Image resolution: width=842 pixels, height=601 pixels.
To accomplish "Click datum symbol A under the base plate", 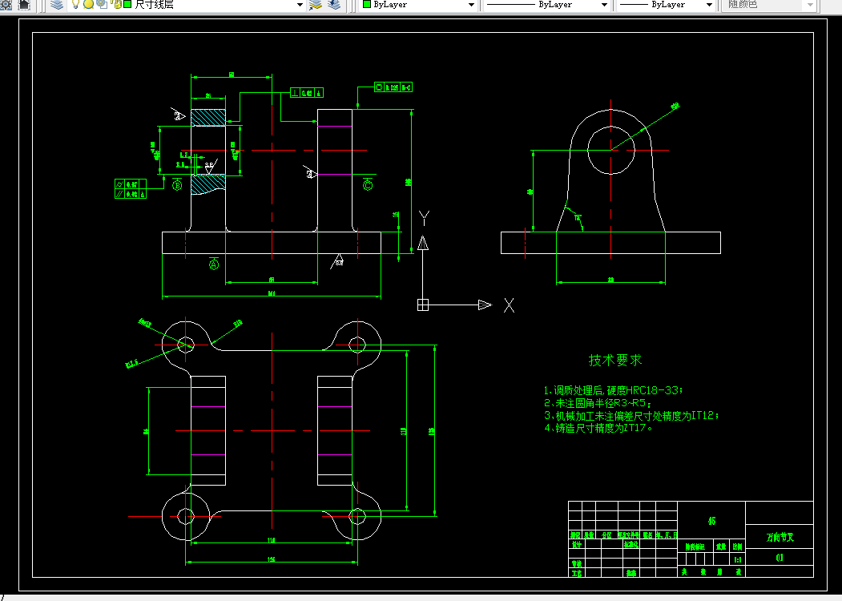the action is click(214, 265).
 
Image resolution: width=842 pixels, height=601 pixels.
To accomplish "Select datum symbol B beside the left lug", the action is click(177, 185).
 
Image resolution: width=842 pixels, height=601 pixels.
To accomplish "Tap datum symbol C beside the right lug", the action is click(368, 185).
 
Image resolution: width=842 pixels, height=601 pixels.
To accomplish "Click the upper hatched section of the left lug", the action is click(208, 117).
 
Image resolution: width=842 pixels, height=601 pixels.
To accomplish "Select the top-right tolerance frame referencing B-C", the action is click(393, 87).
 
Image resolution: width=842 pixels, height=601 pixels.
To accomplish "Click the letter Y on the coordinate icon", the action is click(425, 217).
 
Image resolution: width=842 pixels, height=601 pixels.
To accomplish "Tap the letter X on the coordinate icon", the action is click(509, 305).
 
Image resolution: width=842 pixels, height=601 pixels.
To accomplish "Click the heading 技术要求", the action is click(615, 361).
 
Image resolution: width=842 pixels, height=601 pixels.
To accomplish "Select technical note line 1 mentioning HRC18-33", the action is click(614, 390).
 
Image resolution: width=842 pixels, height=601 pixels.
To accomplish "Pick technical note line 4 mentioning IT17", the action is click(599, 428).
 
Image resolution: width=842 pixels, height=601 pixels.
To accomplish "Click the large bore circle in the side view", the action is click(610, 149).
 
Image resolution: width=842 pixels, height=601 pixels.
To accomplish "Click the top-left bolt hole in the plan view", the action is click(186, 345).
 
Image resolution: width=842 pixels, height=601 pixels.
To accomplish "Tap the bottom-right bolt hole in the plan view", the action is click(357, 516).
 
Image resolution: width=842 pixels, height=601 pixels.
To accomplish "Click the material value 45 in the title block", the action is click(711, 521).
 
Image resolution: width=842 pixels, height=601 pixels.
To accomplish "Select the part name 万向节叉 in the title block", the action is click(779, 536).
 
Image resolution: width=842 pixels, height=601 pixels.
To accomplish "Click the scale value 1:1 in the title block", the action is click(737, 559).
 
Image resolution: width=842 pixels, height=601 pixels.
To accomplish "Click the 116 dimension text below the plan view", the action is click(271, 540).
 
